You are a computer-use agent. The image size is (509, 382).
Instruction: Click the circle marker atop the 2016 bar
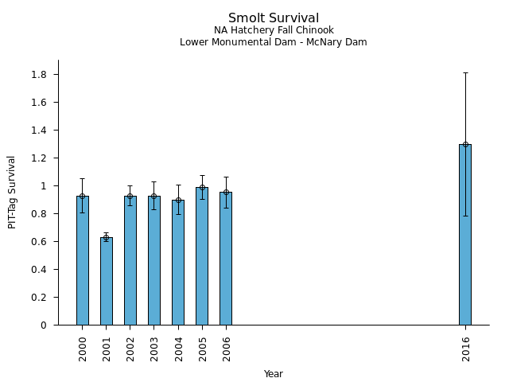point(464,144)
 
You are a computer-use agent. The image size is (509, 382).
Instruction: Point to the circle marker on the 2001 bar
point(106,237)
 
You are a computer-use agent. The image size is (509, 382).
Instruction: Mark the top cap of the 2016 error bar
point(464,72)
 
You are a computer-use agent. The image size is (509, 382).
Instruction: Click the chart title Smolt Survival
point(274,18)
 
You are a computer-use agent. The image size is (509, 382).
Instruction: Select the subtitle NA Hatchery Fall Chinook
point(274,30)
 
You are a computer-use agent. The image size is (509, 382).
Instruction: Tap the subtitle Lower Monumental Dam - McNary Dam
point(274,42)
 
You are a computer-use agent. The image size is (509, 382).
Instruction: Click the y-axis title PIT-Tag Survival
point(12,192)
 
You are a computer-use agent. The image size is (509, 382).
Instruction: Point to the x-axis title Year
point(274,374)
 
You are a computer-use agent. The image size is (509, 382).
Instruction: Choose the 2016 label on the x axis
point(465,348)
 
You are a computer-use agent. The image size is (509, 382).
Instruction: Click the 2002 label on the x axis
point(130,348)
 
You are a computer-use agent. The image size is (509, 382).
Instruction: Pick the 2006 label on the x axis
point(227,348)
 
